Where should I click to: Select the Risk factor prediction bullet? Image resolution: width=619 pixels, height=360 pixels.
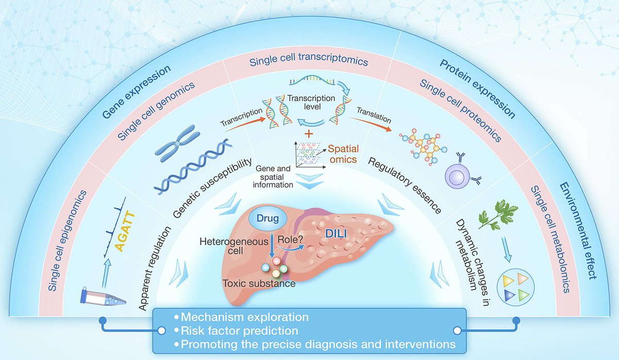(237, 330)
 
